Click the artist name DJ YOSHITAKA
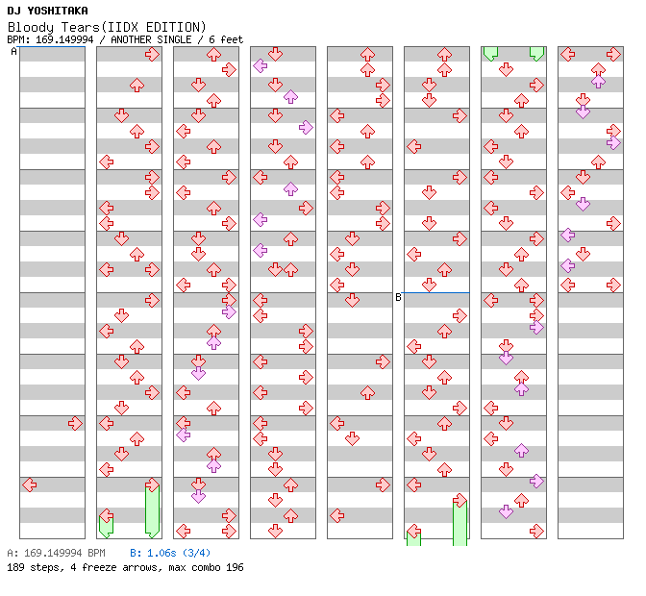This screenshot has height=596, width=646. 47,10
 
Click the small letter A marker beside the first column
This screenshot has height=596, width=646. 13,52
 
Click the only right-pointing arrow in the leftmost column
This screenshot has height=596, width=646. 75,423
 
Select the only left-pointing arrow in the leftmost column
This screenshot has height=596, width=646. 29,484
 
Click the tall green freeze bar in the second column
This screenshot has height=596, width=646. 152,511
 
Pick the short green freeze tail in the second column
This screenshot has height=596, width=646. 106,525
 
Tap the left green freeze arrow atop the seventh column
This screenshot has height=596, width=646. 490,53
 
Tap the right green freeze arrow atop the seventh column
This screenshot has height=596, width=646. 536,53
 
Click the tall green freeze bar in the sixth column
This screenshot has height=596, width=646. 460,522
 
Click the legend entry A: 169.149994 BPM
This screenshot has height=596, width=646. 56,554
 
